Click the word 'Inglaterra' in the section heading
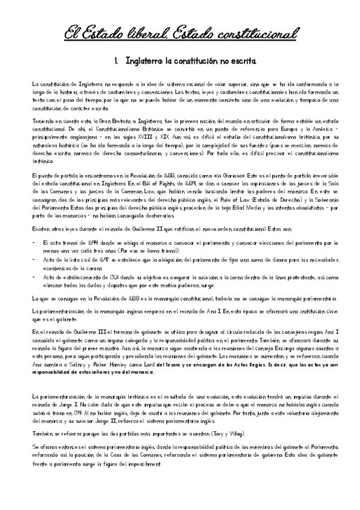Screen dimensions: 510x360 click(x=146, y=61)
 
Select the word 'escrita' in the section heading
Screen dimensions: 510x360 click(x=246, y=61)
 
